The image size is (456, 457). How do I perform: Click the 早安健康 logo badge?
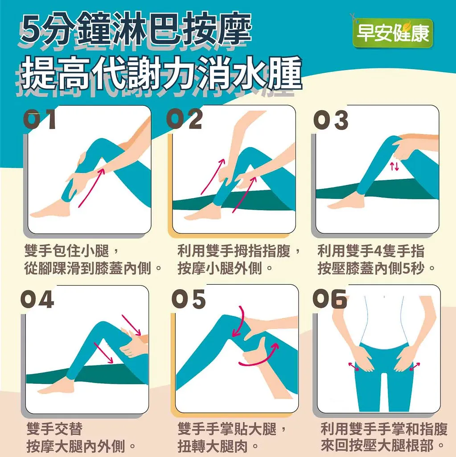(393, 33)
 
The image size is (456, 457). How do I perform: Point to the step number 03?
(331, 120)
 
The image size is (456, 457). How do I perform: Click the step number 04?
(37, 299)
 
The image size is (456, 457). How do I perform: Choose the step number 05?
(189, 299)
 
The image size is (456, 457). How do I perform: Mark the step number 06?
(329, 299)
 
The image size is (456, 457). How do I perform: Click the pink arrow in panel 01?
(91, 188)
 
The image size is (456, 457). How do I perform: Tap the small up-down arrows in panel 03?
(394, 166)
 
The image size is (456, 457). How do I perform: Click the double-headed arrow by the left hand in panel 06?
(354, 366)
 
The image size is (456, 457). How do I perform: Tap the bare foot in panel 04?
(54, 387)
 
